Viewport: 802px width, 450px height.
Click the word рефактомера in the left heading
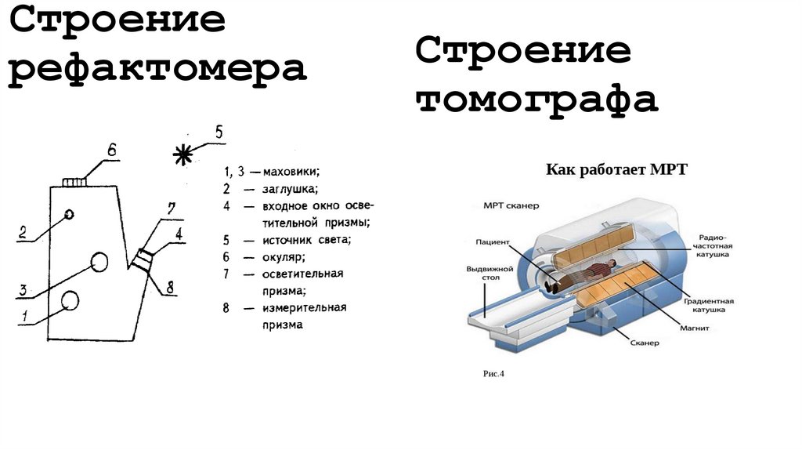(157, 69)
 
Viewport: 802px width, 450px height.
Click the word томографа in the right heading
(536, 101)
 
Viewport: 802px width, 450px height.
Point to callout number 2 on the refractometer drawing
(23, 232)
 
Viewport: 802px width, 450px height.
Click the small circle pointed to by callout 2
(70, 214)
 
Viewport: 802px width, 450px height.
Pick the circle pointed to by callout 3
(99, 262)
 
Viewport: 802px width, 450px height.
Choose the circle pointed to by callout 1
(70, 300)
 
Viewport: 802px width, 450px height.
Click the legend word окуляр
(284, 256)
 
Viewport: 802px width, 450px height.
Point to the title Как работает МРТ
(616, 169)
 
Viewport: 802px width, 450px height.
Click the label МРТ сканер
(511, 206)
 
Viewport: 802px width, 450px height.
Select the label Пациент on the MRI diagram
(493, 241)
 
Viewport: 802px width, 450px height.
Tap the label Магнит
(695, 328)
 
